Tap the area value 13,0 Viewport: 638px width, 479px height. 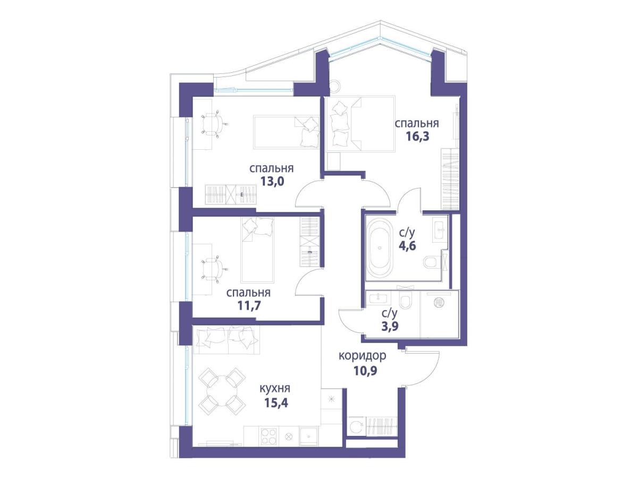272,182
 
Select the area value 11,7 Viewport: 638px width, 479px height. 249,305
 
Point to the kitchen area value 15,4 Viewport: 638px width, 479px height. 276,403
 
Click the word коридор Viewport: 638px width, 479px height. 362,356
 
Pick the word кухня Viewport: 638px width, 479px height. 275,388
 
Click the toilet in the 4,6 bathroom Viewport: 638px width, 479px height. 433,263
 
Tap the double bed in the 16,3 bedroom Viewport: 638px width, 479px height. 360,124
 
